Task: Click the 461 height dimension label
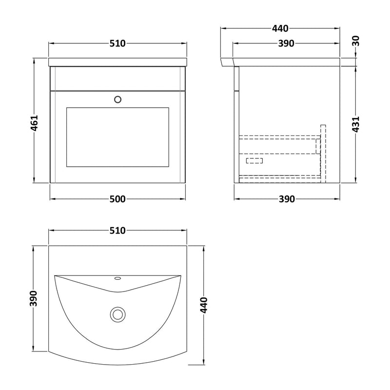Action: coord(35,122)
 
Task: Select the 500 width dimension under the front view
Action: coord(117,199)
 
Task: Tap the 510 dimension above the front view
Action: coord(117,43)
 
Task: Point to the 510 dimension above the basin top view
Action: coord(117,230)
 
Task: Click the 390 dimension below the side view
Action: coord(287,199)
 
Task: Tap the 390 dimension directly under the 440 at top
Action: coord(287,43)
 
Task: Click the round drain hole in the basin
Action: coord(117,314)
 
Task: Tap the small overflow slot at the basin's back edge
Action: coord(117,279)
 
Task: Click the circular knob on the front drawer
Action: coord(117,99)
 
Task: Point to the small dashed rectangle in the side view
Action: coord(254,160)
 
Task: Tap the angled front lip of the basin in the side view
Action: coord(228,62)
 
